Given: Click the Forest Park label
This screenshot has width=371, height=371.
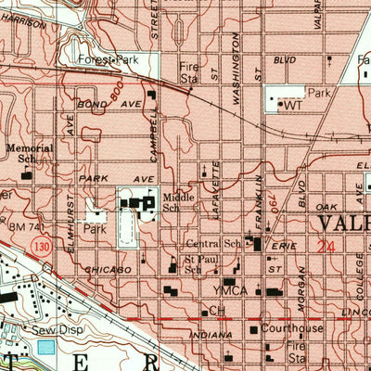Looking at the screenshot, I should click(x=109, y=60).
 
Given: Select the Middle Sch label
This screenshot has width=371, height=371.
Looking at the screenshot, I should click(x=178, y=203).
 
